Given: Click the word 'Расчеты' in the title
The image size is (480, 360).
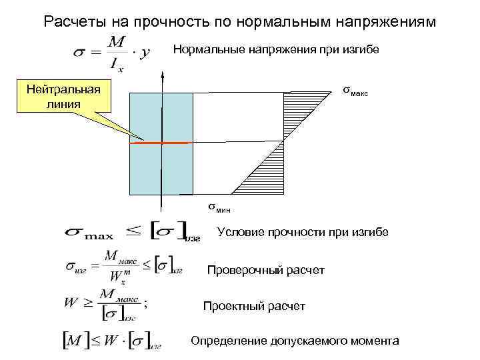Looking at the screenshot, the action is [70, 21].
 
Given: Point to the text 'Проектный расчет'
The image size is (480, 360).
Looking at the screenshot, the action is [254, 306].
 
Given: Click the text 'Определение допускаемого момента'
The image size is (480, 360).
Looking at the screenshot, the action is [295, 341].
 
